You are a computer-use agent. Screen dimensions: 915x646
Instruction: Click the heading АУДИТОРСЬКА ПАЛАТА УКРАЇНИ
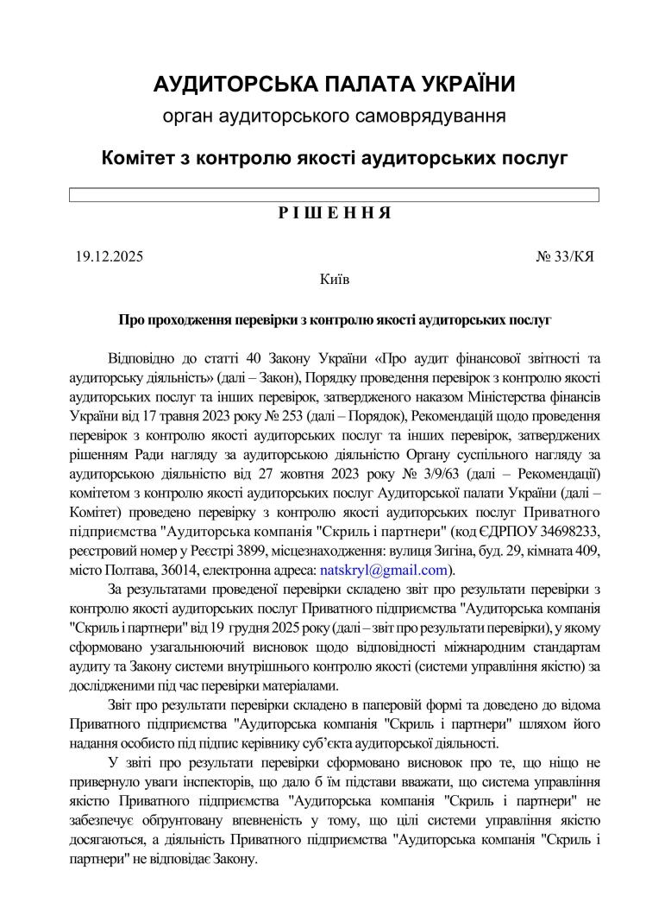[x=334, y=84]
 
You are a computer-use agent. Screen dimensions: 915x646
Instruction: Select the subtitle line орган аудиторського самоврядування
[x=334, y=115]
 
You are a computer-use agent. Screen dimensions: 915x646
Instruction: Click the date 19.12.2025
[x=109, y=256]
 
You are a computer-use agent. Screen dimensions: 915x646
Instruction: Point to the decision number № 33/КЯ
[x=565, y=256]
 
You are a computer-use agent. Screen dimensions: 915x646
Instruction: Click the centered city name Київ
[x=334, y=279]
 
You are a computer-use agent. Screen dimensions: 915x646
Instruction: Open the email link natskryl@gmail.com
[x=384, y=570]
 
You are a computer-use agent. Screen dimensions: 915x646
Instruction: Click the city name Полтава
[x=132, y=570]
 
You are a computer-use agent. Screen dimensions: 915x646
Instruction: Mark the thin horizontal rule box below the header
[x=334, y=195]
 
